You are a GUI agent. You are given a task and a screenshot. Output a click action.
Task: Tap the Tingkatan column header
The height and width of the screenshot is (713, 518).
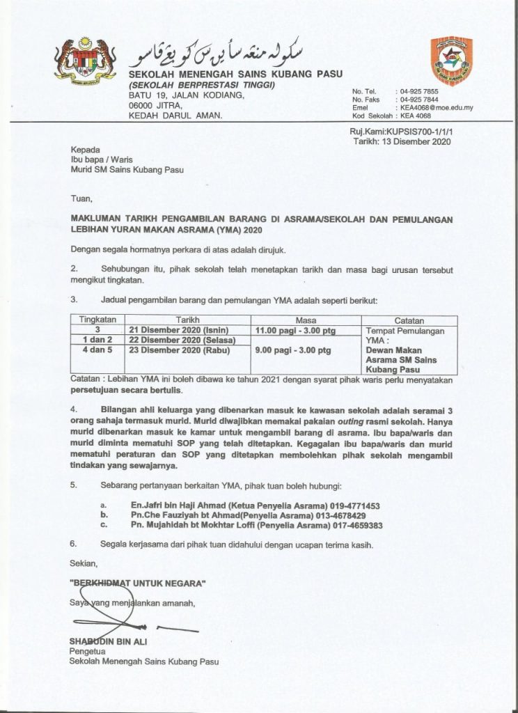[x=98, y=320]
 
